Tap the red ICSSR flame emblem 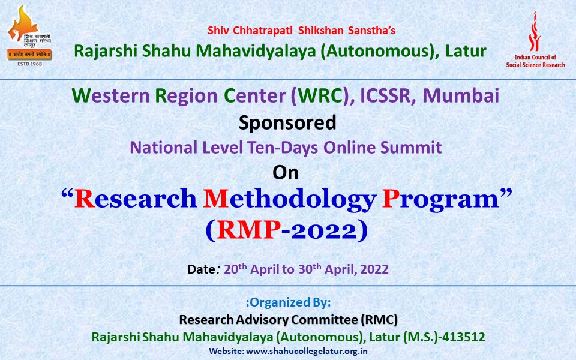535,31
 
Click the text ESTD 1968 30,64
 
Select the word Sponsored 287,122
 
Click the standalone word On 286,173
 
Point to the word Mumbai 461,95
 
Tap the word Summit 410,148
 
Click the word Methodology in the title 289,200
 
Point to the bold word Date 200,269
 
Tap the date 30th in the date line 310,269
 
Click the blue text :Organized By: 289,302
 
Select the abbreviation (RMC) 379,320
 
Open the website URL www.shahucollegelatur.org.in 307,351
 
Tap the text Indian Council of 535,58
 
